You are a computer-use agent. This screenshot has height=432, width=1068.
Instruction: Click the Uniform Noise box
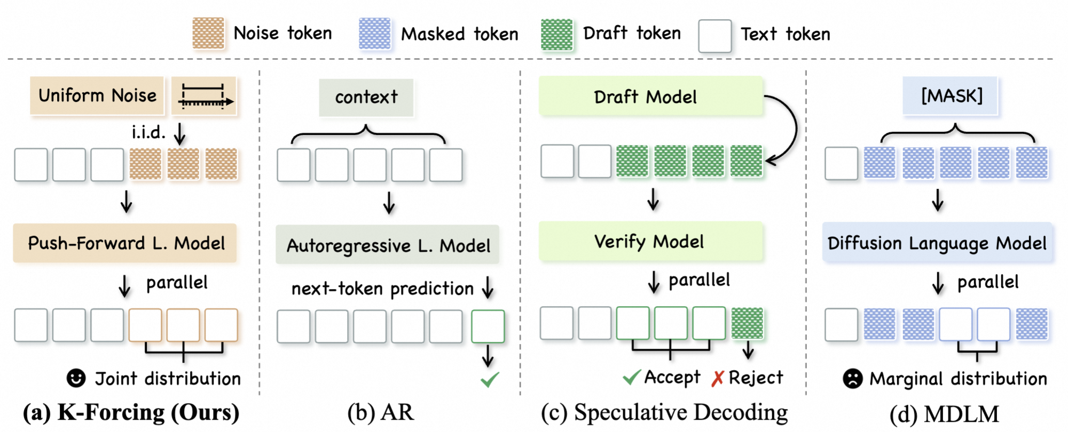[97, 95]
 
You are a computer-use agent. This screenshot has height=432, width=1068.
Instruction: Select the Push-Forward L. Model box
[125, 243]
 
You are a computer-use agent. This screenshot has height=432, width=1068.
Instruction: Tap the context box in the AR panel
[366, 98]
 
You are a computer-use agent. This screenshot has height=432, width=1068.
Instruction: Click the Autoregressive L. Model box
[388, 245]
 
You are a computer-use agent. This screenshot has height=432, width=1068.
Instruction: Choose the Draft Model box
[651, 96]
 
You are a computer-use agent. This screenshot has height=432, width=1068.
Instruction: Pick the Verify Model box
[651, 242]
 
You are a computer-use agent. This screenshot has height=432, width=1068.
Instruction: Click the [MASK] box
[950, 96]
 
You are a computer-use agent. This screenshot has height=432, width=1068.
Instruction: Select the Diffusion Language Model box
[937, 243]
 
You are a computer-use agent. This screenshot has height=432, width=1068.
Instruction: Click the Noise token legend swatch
[208, 34]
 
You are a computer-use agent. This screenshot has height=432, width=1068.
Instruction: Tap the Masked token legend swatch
[375, 34]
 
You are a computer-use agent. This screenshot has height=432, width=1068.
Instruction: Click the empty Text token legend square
[715, 36]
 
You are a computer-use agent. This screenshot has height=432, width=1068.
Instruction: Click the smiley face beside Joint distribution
[76, 378]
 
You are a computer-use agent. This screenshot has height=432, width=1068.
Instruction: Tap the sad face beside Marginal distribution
[853, 379]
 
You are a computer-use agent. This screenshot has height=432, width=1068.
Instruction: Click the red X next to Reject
[718, 378]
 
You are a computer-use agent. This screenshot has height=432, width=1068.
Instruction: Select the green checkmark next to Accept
[632, 378]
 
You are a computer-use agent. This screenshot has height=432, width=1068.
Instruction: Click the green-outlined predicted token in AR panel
[488, 326]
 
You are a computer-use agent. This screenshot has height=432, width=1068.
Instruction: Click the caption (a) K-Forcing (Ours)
[131, 413]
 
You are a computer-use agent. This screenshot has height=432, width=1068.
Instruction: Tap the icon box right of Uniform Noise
[204, 96]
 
